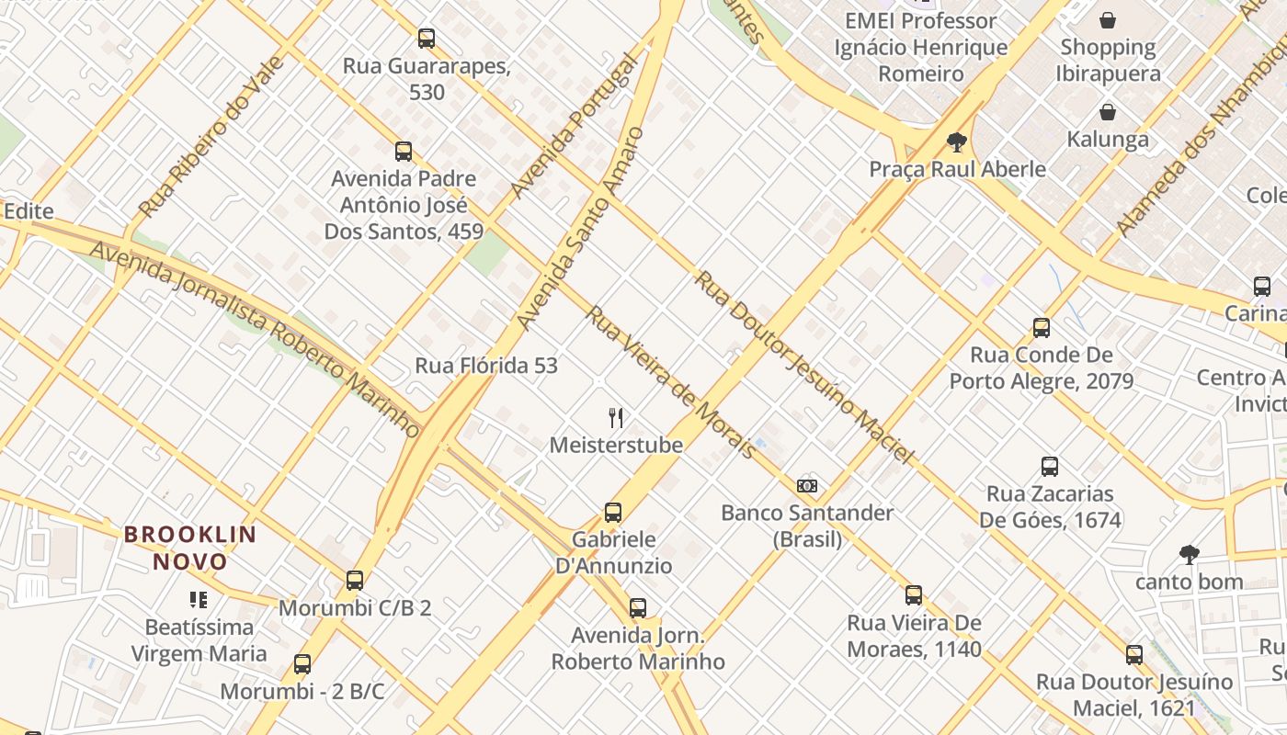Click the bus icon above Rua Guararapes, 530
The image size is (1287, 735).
click(x=426, y=39)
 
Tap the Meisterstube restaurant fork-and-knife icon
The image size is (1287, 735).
click(x=616, y=418)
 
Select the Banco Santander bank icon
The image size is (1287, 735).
click(x=807, y=486)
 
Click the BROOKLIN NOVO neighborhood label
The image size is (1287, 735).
click(x=190, y=548)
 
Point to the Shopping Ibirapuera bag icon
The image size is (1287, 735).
click(x=1108, y=20)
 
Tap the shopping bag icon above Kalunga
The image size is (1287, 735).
click(x=1108, y=113)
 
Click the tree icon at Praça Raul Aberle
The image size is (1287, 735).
click(x=956, y=142)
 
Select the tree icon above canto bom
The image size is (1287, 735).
click(x=1189, y=554)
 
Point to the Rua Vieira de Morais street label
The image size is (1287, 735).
click(x=671, y=382)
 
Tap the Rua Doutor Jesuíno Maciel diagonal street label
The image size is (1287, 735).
click(x=803, y=367)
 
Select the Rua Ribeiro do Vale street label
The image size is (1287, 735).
click(x=211, y=137)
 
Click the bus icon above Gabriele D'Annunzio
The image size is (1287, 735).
click(x=613, y=513)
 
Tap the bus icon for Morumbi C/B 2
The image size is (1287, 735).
click(x=355, y=581)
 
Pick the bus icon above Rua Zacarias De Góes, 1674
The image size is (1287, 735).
click(x=1049, y=467)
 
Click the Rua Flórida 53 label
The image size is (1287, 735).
click(x=486, y=366)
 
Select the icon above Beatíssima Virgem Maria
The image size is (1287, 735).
click(x=199, y=601)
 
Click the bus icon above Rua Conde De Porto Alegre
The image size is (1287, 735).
click(x=1041, y=328)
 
